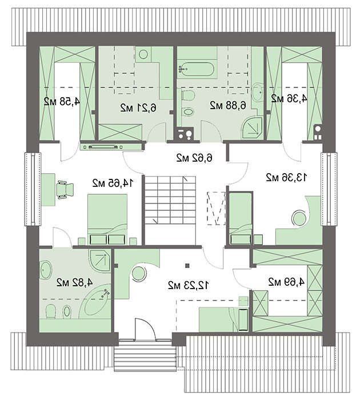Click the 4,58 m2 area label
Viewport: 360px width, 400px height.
(62, 102)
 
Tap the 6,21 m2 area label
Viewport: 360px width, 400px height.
(138, 107)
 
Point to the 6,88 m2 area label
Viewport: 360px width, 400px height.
(228, 105)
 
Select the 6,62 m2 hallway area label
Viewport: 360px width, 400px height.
(194, 158)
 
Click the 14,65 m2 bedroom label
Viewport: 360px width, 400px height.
(113, 183)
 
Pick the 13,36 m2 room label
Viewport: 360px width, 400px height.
(286, 177)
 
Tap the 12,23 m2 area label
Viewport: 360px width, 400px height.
(189, 285)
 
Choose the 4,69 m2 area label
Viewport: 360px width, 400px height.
(286, 282)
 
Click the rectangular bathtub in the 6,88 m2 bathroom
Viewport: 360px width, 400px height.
(196, 69)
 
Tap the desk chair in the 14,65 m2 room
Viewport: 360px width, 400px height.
(65, 190)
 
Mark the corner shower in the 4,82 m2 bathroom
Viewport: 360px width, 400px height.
(100, 259)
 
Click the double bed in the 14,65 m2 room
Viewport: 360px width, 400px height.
(107, 219)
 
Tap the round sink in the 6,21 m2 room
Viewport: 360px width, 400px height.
(143, 54)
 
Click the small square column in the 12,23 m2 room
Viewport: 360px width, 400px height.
(187, 266)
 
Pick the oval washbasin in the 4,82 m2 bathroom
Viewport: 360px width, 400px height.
(46, 270)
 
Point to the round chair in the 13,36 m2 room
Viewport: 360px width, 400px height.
(299, 218)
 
